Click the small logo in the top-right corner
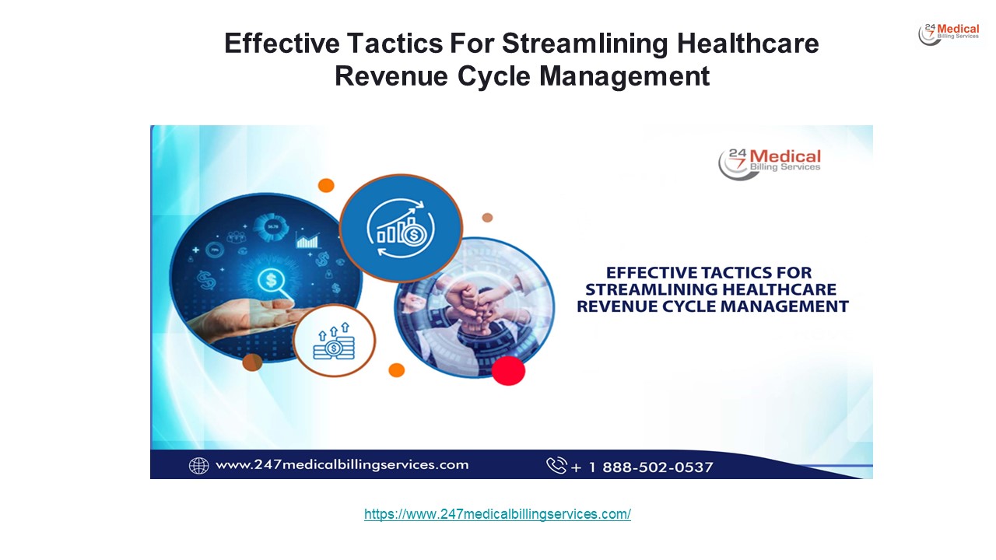coord(949,33)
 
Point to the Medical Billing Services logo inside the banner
coord(769,163)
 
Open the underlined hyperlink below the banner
coord(497,514)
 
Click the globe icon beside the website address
coord(199,465)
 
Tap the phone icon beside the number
coord(556,465)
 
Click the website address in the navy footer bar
coord(342,465)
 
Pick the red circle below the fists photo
coord(508,369)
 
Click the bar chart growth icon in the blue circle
coord(402,227)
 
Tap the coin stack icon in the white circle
coord(334,342)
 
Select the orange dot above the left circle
coord(326,185)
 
